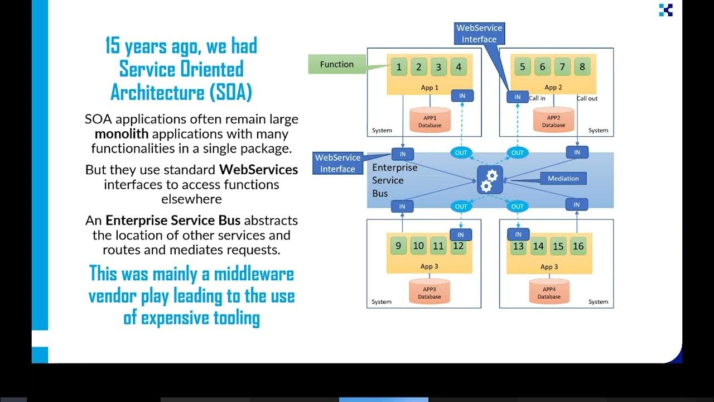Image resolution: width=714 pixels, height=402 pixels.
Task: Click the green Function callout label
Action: point(336,65)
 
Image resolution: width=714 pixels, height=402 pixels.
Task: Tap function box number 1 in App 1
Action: point(399,68)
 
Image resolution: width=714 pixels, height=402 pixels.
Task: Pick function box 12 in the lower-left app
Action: point(459,246)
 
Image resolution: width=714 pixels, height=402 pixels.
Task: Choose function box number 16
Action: point(578,246)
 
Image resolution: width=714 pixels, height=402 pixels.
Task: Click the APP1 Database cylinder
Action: point(430,119)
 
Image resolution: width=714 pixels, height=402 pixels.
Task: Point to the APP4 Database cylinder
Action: point(549,291)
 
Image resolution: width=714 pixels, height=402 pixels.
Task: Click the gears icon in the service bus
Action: point(490,180)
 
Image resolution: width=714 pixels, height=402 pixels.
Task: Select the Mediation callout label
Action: point(563,179)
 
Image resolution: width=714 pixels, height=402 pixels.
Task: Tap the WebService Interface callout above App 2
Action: point(479,33)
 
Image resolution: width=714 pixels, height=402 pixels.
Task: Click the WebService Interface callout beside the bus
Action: point(337,163)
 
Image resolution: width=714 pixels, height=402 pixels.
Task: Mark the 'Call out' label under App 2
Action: point(587,99)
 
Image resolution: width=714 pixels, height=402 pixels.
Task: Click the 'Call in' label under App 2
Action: point(537,99)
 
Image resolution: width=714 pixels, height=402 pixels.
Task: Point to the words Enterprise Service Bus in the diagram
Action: point(394,180)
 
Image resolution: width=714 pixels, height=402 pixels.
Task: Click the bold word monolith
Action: point(121,134)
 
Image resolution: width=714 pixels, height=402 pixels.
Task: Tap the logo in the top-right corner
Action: point(665,10)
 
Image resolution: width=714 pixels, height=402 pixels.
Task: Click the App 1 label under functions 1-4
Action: point(430,88)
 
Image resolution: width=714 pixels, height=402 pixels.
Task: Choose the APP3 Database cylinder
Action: point(429,291)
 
